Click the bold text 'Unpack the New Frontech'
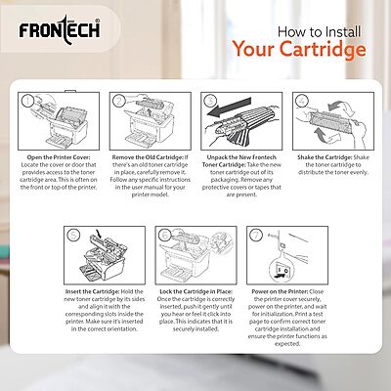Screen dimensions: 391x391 (239, 157)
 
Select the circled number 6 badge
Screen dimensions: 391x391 (164, 235)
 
